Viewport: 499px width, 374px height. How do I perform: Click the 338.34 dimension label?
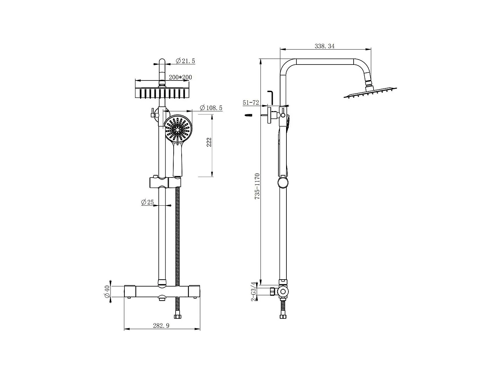pyautogui.click(x=324, y=46)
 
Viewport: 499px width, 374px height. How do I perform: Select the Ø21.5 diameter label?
pyautogui.click(x=185, y=61)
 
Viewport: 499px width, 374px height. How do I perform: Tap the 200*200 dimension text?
pyautogui.click(x=180, y=77)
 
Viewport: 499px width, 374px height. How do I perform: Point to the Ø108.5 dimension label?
pyautogui.click(x=211, y=108)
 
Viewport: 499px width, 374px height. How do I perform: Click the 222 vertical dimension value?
pyautogui.click(x=209, y=142)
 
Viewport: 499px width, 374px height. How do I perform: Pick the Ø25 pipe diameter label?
pyautogui.click(x=147, y=202)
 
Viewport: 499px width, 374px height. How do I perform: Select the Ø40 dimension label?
pyautogui.click(x=107, y=292)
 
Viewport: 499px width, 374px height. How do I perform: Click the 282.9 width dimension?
pyautogui.click(x=161, y=326)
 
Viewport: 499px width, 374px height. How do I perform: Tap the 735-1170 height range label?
pyautogui.click(x=257, y=186)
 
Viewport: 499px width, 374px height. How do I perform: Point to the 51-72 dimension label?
pyautogui.click(x=251, y=103)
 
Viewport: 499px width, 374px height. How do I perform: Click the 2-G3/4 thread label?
pyautogui.click(x=254, y=292)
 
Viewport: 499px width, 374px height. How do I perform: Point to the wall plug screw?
pyautogui.click(x=248, y=115)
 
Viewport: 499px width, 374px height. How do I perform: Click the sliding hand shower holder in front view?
pyautogui.click(x=165, y=182)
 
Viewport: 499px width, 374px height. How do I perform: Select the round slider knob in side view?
pyautogui.click(x=283, y=183)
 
